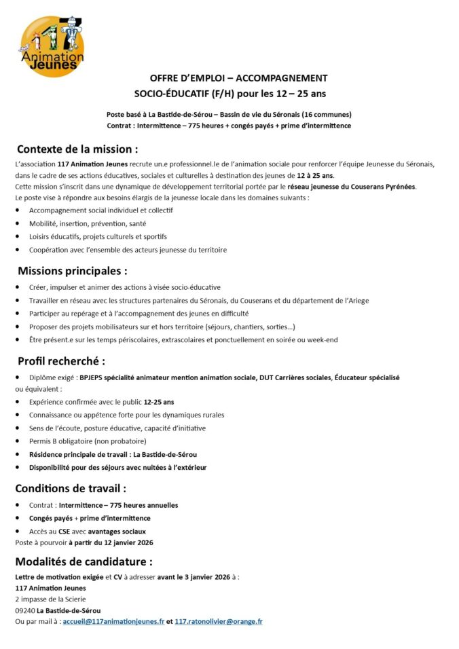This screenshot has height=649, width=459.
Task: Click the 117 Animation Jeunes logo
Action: pos(52,46)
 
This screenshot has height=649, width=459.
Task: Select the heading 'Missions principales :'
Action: pos(73,270)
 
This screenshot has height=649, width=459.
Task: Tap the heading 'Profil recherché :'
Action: pos(61,360)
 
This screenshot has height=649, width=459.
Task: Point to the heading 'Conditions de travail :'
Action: pos(71,487)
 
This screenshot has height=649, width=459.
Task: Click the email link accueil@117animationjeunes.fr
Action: pos(113,621)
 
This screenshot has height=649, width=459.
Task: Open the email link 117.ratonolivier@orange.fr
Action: pos(219,621)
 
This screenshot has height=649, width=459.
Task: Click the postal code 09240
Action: pos(25,610)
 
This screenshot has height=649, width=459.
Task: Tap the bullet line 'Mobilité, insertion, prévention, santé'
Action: pos(88,223)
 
